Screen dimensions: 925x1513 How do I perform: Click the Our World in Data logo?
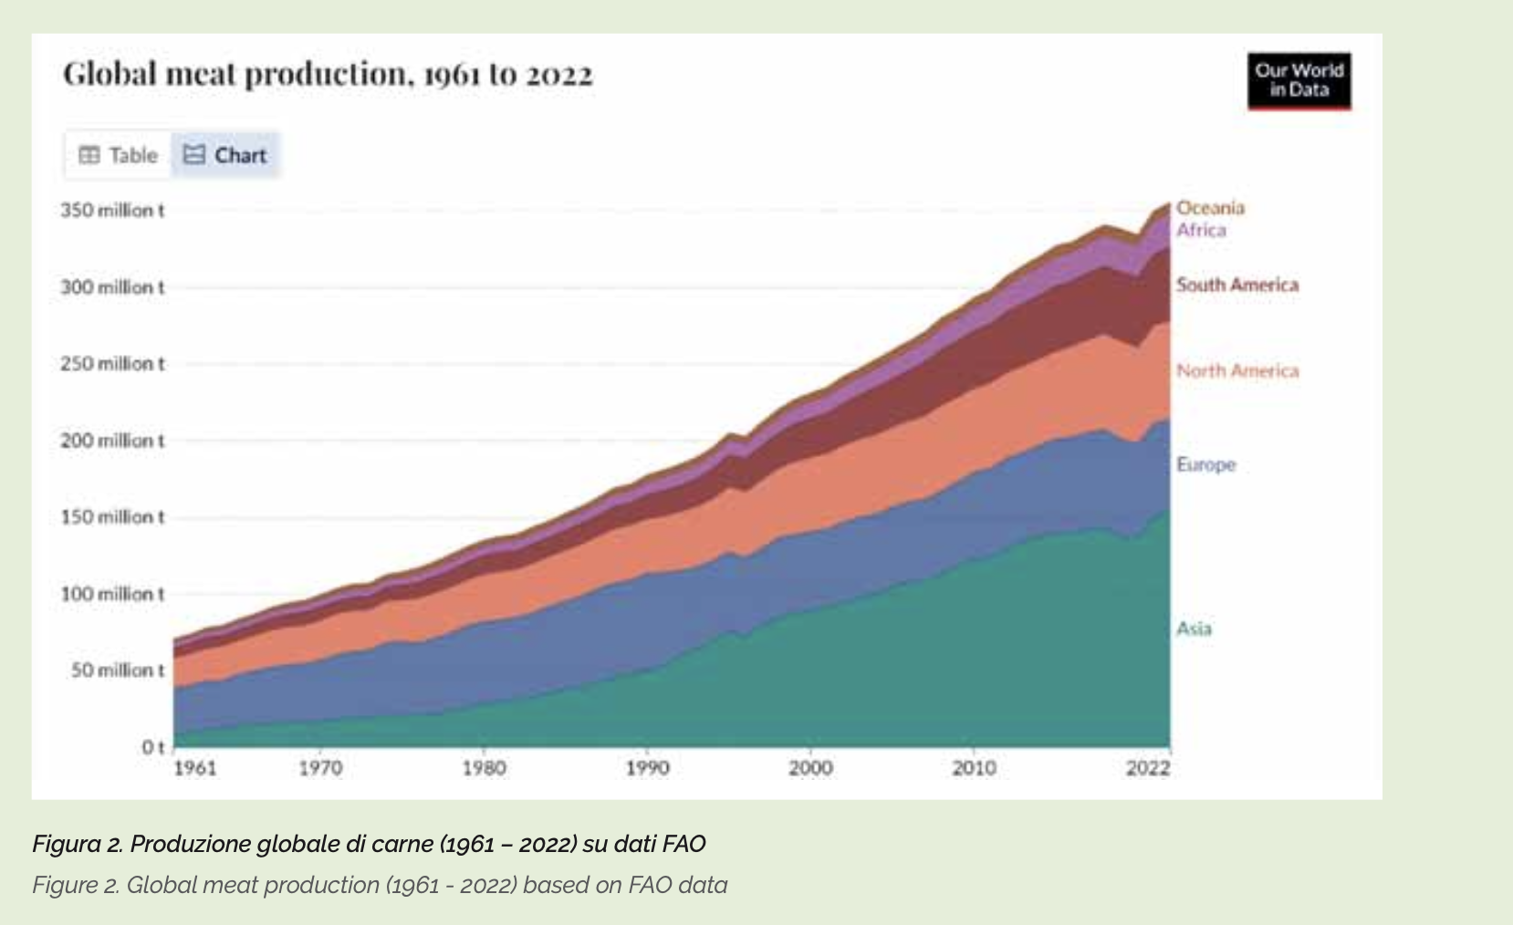[1299, 80]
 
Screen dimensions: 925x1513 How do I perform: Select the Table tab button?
[119, 155]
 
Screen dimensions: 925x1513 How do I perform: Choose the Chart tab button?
[225, 155]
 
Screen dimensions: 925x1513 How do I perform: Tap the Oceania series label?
[1210, 208]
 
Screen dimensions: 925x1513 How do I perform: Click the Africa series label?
[1201, 230]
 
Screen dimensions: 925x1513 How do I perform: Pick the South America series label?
[1236, 285]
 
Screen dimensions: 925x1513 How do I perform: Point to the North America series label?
[1236, 370]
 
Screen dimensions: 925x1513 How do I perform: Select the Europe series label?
[1205, 464]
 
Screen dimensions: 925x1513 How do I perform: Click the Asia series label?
[1194, 629]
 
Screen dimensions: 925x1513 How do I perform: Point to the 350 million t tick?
[112, 211]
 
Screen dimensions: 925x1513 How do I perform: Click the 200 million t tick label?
[112, 441]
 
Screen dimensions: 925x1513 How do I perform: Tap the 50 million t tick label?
[118, 670]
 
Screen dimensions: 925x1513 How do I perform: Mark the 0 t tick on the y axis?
[152, 747]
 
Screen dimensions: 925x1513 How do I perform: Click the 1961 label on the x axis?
[194, 768]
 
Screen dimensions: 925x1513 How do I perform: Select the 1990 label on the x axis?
[647, 768]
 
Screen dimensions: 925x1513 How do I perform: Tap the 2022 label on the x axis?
[1147, 768]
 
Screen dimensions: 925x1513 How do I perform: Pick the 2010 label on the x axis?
[974, 768]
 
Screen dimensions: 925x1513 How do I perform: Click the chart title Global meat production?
[328, 74]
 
